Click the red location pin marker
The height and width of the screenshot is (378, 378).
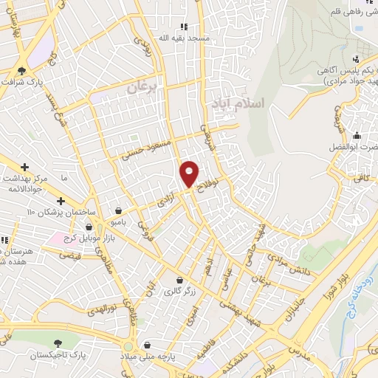tap(190, 173)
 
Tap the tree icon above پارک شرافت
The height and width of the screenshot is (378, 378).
tap(21, 71)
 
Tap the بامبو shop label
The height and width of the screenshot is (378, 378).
tap(119, 221)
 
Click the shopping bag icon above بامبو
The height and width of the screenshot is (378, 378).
tap(119, 210)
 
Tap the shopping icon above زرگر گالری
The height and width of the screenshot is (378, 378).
tap(180, 279)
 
